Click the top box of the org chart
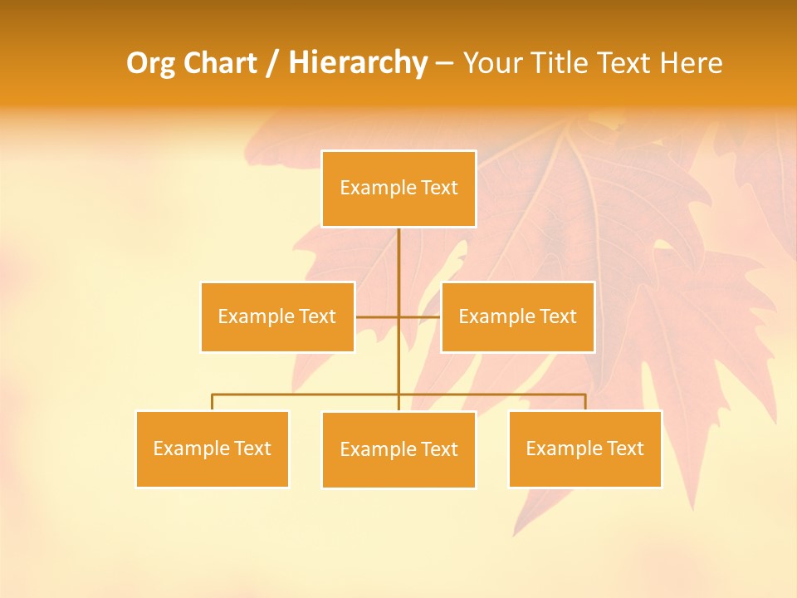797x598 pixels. click(398, 189)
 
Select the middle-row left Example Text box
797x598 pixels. click(277, 316)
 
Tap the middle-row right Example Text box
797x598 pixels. click(517, 316)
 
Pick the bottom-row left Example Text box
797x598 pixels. click(213, 448)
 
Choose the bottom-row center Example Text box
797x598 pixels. click(398, 449)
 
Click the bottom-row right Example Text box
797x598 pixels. click(585, 448)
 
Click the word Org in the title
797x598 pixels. click(150, 63)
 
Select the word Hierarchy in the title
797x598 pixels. click(358, 63)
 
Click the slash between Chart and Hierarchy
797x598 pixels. click(272, 63)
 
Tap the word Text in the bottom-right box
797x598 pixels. click(626, 448)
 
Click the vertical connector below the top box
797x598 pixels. click(398, 266)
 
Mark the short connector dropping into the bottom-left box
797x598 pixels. click(213, 402)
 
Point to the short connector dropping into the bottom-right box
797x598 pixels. click(585, 402)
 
